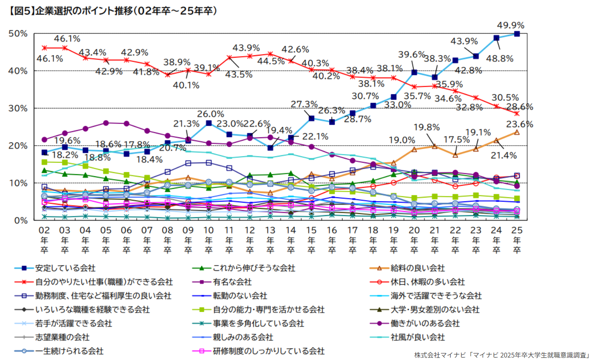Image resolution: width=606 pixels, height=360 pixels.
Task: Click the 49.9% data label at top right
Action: pos(511,26)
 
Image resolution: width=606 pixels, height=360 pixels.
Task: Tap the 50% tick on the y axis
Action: pos(18,34)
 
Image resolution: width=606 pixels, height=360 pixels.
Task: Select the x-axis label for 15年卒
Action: pos(311,240)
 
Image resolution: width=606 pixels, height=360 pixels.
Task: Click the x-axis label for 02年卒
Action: pos(44,240)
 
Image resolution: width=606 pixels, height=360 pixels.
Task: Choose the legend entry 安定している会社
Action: pos(65,268)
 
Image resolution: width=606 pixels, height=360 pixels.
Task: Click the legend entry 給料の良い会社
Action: pos(418,268)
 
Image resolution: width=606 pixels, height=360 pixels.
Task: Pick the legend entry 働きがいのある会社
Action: pos(425,324)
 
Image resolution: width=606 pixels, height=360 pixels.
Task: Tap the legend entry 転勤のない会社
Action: pos(240,296)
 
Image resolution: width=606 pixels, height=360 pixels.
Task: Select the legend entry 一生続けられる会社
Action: pos(69,351)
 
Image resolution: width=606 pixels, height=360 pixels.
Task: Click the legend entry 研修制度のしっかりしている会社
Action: pos(268,351)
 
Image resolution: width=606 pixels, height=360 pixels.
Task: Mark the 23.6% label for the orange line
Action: pos(519,124)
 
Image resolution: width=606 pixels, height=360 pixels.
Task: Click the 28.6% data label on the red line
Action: pos(519,107)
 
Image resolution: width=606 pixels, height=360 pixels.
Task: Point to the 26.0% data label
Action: pos(211,114)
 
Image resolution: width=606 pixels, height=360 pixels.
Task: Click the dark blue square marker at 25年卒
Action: pos(517,34)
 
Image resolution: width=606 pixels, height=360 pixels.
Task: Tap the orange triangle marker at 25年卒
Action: pos(517,132)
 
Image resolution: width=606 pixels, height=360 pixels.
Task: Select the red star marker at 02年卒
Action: pos(44,48)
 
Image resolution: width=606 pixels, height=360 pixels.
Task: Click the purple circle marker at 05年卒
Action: pos(106,123)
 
